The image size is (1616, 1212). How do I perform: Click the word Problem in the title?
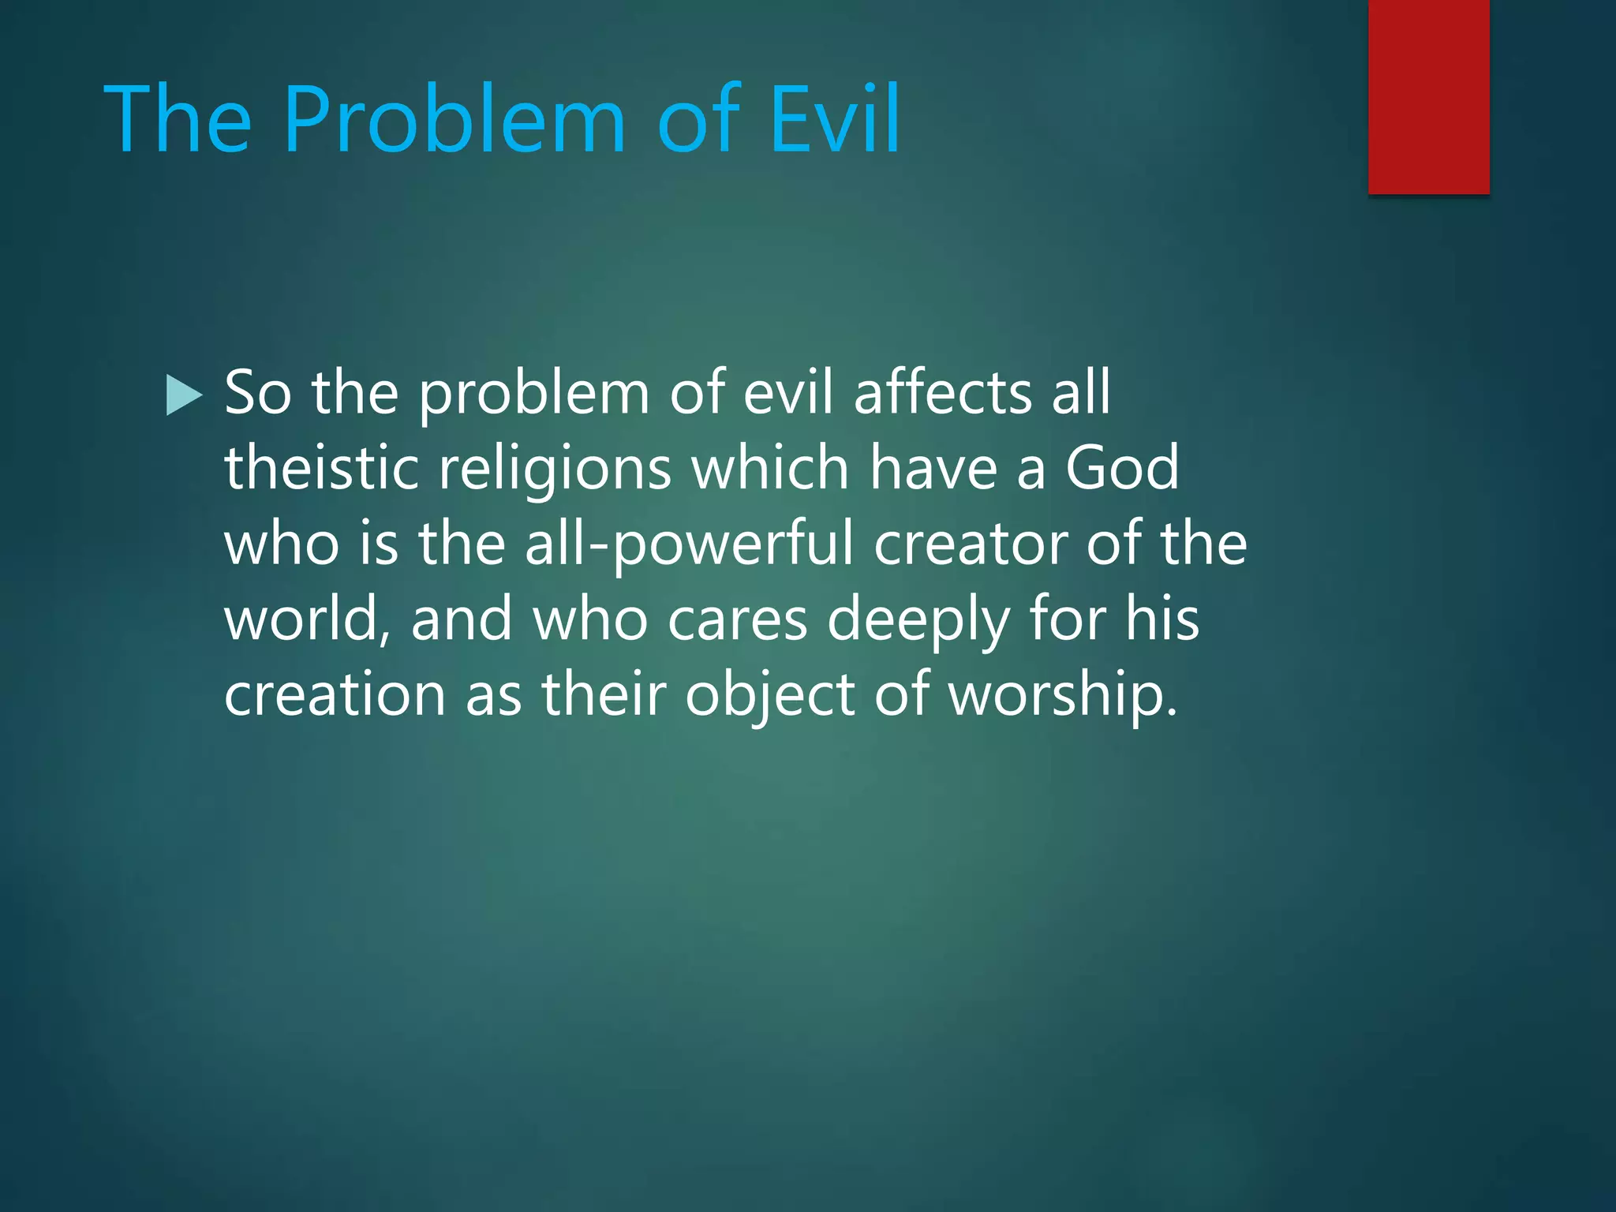[454, 120]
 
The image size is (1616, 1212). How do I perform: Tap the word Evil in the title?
[834, 120]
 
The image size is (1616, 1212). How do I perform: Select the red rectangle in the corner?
[1428, 96]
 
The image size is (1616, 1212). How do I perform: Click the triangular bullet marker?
[185, 395]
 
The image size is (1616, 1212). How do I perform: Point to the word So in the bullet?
[257, 392]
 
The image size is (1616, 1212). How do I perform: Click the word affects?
[942, 392]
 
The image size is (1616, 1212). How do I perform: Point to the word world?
[307, 619]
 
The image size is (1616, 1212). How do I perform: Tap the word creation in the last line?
[335, 695]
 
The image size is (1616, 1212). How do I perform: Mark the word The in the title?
[178, 120]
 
